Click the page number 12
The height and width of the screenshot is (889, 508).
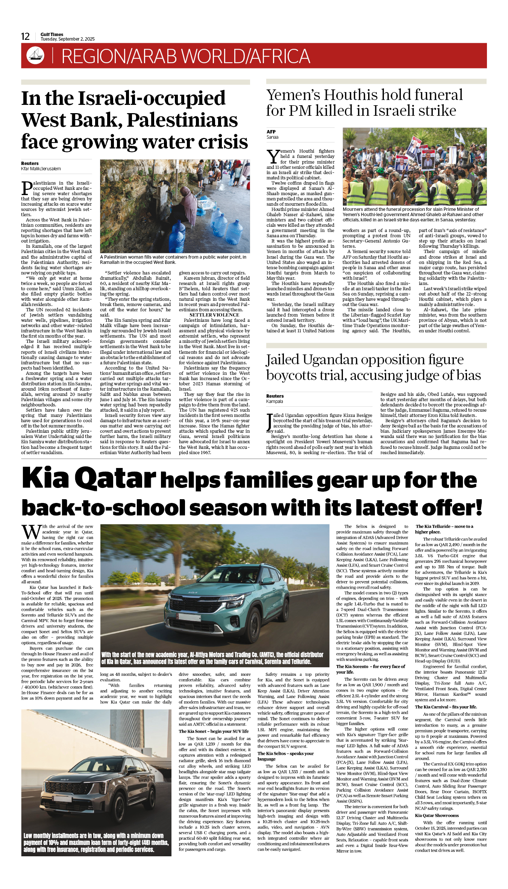[x=25, y=36]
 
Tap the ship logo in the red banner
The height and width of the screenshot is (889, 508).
[x=35, y=55]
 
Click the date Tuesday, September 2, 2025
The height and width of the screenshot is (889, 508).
[x=68, y=39]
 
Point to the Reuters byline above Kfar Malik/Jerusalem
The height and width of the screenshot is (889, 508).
[x=30, y=163]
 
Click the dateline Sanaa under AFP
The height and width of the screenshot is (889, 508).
[x=272, y=137]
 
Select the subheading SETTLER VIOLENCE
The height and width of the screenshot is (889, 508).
[x=214, y=315]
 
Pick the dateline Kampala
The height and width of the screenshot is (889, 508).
[x=274, y=401]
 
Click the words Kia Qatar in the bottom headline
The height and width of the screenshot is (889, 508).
[x=89, y=479]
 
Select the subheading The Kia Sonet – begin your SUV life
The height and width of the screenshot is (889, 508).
[x=214, y=731]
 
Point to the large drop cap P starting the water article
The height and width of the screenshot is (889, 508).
[x=27, y=188]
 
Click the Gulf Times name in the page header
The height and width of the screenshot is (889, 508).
[x=52, y=34]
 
